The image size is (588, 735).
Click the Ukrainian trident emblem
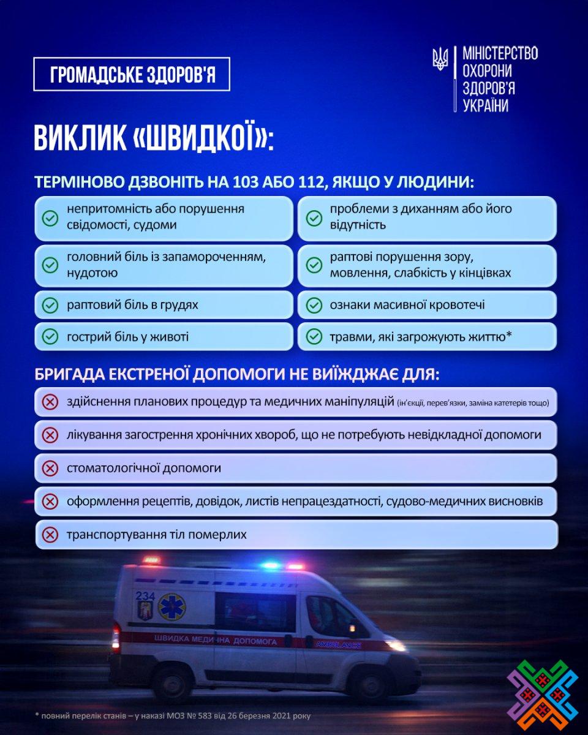[x=440, y=59]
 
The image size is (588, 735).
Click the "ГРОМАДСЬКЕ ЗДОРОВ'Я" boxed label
[x=132, y=74]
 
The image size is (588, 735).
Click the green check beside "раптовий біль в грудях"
[x=50, y=305]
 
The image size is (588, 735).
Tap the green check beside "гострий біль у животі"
[x=50, y=337]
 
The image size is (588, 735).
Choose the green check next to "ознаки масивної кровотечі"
[x=314, y=305]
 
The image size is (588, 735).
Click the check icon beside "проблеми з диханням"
[x=314, y=217]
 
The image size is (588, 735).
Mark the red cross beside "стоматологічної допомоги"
[x=50, y=469]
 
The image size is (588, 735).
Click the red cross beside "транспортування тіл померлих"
[x=50, y=535]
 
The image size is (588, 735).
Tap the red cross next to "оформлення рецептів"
[x=50, y=502]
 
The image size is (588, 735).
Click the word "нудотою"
[x=92, y=273]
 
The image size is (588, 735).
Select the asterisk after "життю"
[x=509, y=335]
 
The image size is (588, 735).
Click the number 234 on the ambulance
[x=145, y=596]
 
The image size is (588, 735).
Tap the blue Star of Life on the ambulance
[x=171, y=607]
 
